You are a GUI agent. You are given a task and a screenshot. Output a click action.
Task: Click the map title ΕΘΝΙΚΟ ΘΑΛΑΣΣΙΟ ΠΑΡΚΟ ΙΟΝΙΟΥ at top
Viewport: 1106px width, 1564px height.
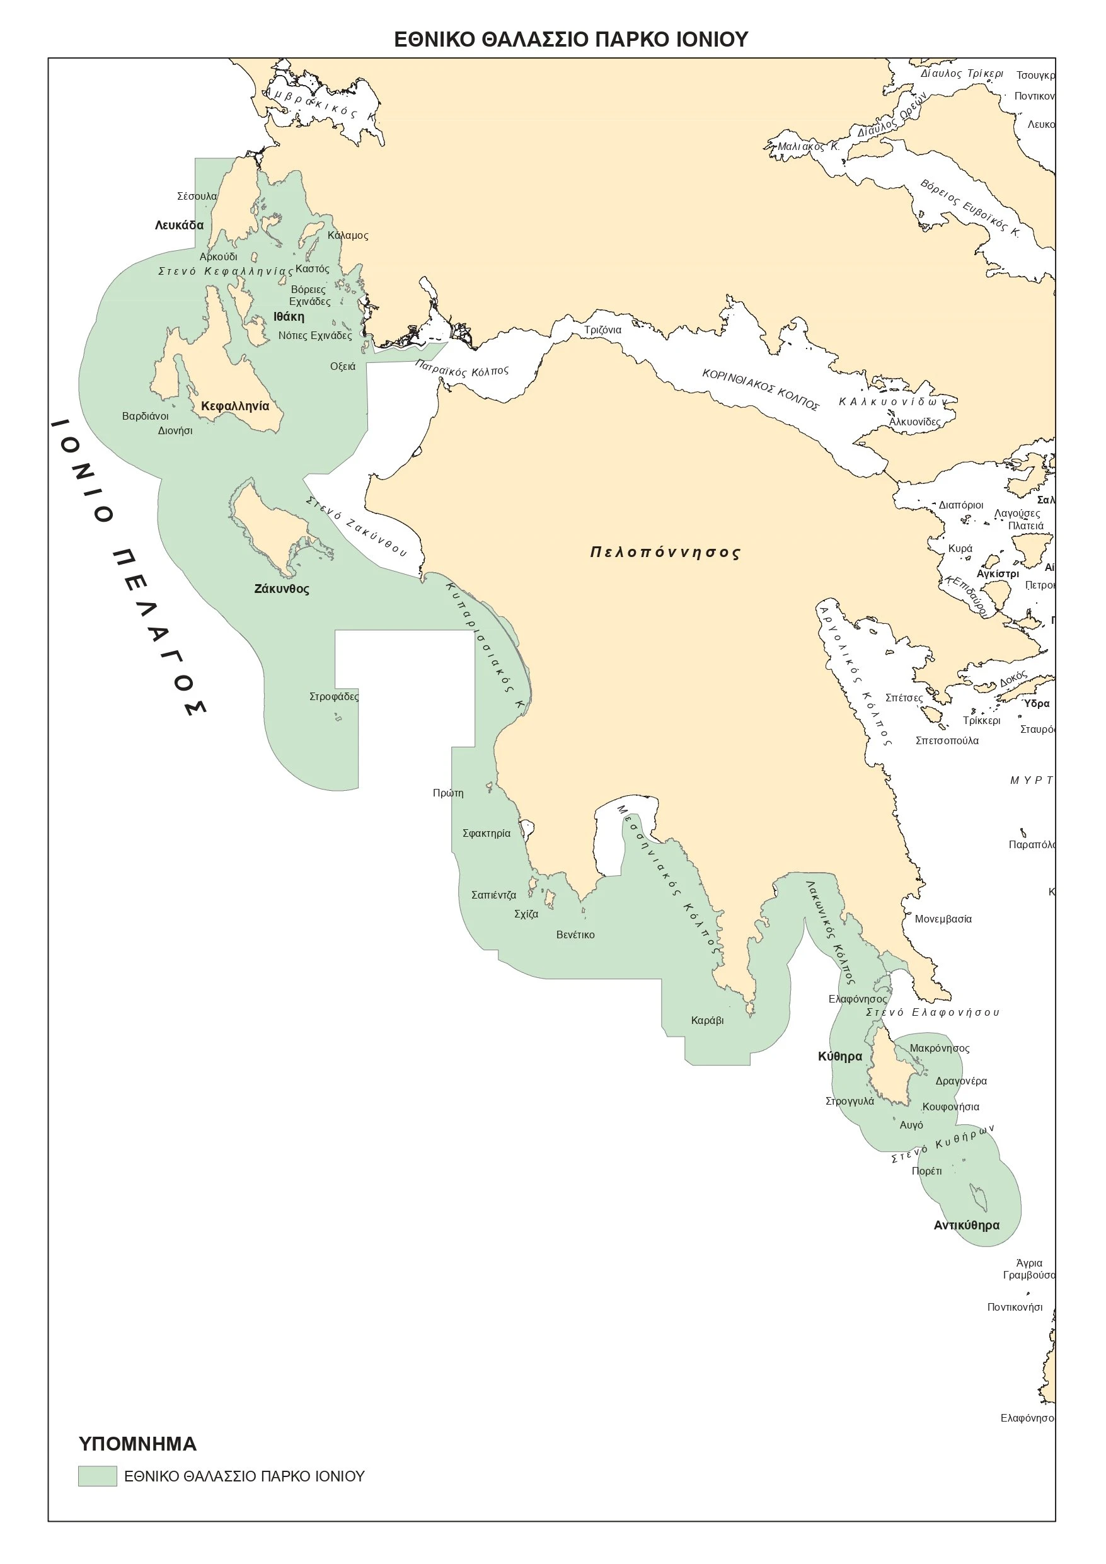(x=571, y=40)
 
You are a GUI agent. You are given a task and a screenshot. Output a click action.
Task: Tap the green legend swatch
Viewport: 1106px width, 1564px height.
(x=97, y=1476)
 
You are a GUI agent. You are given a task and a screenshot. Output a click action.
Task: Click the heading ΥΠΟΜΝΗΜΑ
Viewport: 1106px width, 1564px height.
(x=137, y=1444)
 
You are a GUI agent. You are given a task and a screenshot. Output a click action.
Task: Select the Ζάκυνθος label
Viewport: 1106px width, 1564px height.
(x=282, y=589)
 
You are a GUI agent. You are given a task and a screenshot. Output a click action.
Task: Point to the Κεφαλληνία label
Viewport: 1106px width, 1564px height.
(x=235, y=406)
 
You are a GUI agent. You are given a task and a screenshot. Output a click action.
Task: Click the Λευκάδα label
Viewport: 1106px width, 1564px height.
(x=179, y=226)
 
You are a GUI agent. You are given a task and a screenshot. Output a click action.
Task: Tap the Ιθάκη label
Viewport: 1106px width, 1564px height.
(x=289, y=317)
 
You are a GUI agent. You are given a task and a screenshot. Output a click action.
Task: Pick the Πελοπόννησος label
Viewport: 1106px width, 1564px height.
(x=665, y=553)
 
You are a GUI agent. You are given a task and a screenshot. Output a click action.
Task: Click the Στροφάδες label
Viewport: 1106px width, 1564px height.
(x=334, y=697)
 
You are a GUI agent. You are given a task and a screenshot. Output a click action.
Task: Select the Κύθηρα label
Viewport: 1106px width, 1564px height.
(x=839, y=1057)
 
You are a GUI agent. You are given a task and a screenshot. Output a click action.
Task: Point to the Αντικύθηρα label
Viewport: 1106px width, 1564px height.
(x=966, y=1226)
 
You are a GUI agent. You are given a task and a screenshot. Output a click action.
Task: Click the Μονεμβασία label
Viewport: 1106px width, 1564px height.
(x=943, y=919)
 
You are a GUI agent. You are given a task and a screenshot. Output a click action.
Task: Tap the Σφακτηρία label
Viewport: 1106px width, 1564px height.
(x=487, y=833)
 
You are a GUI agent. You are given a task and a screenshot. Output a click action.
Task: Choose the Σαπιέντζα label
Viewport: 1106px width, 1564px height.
(x=494, y=895)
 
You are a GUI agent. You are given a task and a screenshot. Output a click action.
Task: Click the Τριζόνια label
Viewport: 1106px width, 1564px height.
(x=603, y=330)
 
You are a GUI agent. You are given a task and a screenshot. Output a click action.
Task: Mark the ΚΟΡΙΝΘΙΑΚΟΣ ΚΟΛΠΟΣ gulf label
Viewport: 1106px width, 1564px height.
(x=761, y=389)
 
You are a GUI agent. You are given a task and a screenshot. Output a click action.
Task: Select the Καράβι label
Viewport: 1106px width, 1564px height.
(x=707, y=1020)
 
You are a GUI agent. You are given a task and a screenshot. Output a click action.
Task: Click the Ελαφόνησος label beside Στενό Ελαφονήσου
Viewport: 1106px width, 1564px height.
(x=858, y=999)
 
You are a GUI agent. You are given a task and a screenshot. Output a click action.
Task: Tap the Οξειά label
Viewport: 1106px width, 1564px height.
(x=343, y=367)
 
